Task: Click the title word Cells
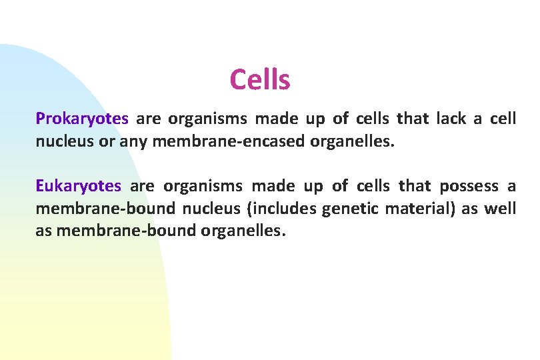coord(260,80)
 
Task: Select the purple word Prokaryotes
coord(82,119)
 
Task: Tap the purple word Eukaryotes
coord(79,186)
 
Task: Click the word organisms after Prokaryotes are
coord(208,119)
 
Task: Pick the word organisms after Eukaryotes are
coord(203,186)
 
